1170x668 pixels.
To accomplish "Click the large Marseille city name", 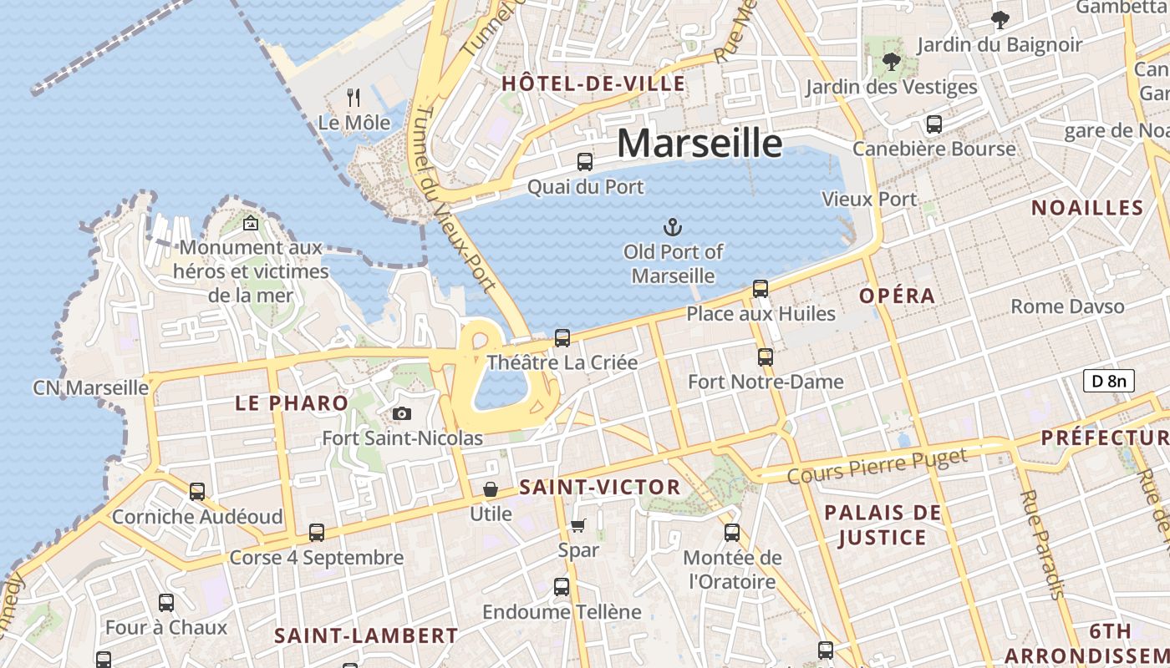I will point(699,144).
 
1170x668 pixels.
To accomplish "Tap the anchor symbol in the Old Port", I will point(672,226).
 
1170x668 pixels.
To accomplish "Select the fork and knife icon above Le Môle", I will point(354,98).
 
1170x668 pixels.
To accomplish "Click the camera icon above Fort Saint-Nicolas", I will point(402,413).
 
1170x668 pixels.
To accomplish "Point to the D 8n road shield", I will point(1109,382).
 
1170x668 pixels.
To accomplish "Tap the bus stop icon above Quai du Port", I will point(585,162).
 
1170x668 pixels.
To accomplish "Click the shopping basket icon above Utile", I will point(491,488).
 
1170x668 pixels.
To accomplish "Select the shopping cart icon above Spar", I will point(577,525).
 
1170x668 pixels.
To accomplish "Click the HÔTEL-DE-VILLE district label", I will point(593,83).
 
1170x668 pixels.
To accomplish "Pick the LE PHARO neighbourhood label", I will point(292,403).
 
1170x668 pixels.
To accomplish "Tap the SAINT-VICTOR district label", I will point(600,487).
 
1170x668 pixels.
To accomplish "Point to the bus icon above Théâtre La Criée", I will point(562,338).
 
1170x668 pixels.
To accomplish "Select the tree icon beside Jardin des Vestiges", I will point(892,62).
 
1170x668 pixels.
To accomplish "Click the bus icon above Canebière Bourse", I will point(934,124).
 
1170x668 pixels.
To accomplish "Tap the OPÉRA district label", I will point(898,296).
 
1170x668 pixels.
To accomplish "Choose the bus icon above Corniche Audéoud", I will point(197,492).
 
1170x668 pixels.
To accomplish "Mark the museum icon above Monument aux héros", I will point(250,223).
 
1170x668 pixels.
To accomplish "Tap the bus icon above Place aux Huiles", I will point(760,289).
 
